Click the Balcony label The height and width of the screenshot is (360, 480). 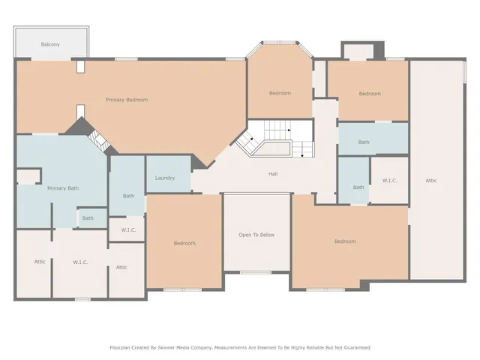pyautogui.click(x=51, y=45)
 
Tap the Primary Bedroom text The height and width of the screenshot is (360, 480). pyautogui.click(x=127, y=100)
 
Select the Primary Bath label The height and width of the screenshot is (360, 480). pyautogui.click(x=63, y=188)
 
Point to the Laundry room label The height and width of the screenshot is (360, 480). pyautogui.click(x=165, y=178)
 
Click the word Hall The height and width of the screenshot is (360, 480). pyautogui.click(x=274, y=174)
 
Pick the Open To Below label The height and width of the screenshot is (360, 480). pyautogui.click(x=256, y=235)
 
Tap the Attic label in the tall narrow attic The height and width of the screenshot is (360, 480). pyautogui.click(x=431, y=180)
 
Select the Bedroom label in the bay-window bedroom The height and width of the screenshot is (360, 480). pyautogui.click(x=280, y=93)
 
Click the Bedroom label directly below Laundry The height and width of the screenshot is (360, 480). pyautogui.click(x=184, y=243)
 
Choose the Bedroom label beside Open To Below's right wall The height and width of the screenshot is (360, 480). pyautogui.click(x=345, y=241)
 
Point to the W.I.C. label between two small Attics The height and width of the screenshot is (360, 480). pyautogui.click(x=81, y=262)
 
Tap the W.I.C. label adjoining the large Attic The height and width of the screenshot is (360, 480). pyautogui.click(x=389, y=180)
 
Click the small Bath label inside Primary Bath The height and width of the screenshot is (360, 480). pyautogui.click(x=88, y=218)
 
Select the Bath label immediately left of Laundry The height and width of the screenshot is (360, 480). pyautogui.click(x=128, y=196)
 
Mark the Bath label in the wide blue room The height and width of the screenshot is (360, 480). pyautogui.click(x=364, y=142)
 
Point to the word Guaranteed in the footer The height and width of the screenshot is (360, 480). pyautogui.click(x=354, y=347)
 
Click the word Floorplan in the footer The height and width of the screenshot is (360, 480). pyautogui.click(x=123, y=347)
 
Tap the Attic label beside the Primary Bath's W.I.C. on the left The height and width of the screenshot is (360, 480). pyautogui.click(x=40, y=262)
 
